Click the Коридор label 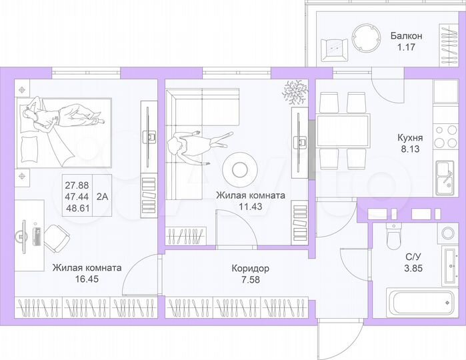[250, 268]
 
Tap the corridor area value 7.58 [250, 279]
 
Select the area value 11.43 [250, 207]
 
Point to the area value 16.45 [87, 279]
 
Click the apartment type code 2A [103, 196]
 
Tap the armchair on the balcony [333, 47]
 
